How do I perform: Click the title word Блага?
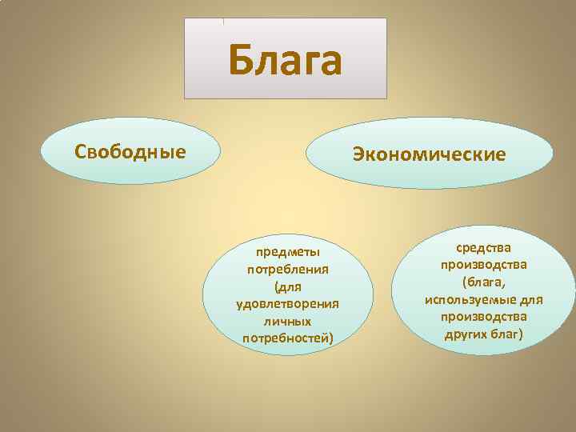coord(285,60)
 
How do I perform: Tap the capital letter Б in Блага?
coord(242,60)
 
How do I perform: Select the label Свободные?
coord(130,151)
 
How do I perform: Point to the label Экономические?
coord(430,154)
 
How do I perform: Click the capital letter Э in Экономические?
coord(359,154)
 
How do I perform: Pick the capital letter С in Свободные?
coord(80,151)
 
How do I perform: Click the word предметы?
coord(288,253)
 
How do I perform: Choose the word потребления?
coord(288,270)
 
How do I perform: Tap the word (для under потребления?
coord(288,286)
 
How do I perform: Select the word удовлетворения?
coord(288,304)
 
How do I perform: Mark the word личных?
coord(288,321)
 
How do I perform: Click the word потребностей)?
coord(288,338)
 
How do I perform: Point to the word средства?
coord(483,249)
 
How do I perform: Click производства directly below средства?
coord(483,266)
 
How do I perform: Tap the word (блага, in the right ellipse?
coord(483,282)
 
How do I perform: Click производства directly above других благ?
coord(483,317)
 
